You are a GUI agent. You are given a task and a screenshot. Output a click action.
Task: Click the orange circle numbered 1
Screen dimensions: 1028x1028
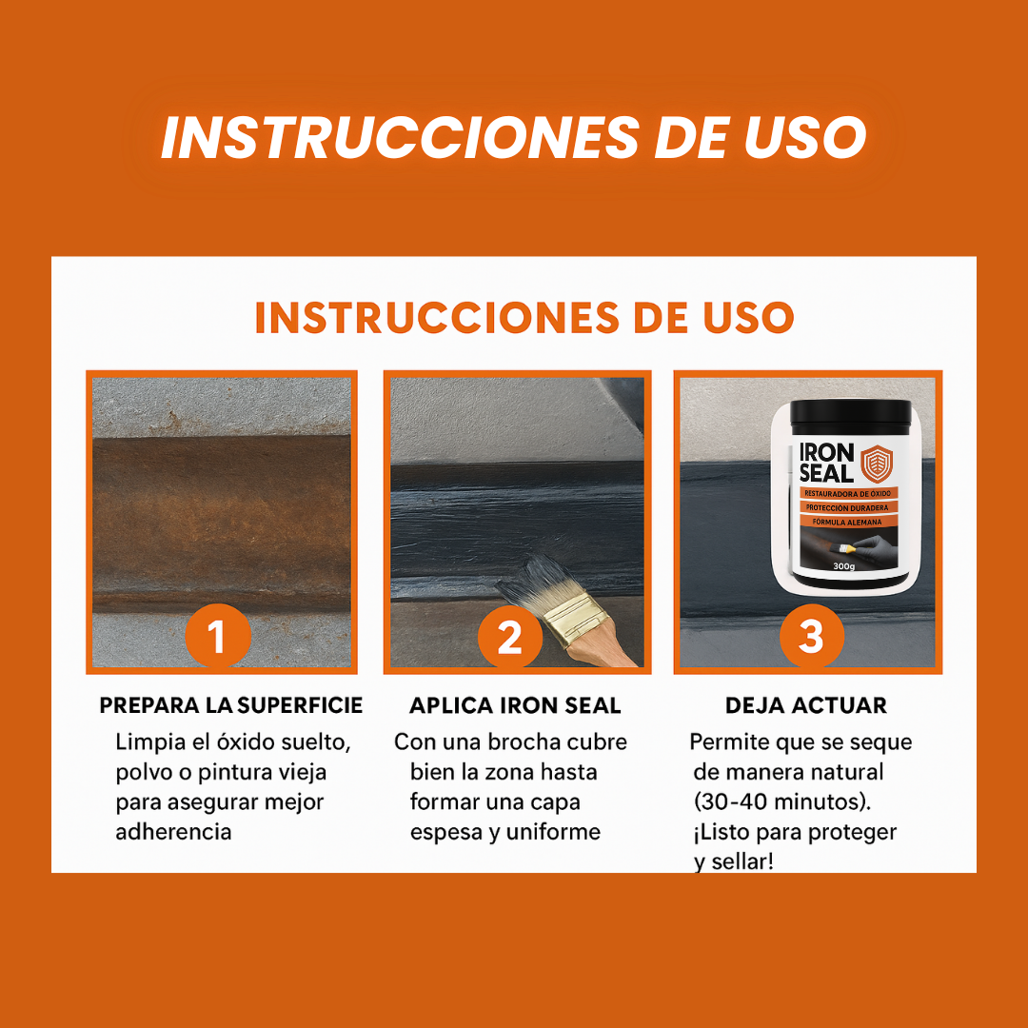[218, 637]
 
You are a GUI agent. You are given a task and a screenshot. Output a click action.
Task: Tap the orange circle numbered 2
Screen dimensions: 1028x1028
[510, 637]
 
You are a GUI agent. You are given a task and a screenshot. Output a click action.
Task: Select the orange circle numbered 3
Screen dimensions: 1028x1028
[811, 637]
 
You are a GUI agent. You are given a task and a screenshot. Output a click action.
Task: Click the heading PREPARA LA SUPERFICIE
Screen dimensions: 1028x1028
[230, 705]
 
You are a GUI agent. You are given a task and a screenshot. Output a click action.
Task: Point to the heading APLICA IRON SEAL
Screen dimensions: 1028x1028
[515, 705]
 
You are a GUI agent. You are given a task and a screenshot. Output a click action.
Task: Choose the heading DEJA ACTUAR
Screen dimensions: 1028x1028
[806, 705]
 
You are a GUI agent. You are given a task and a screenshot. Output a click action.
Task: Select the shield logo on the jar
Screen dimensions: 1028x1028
[877, 464]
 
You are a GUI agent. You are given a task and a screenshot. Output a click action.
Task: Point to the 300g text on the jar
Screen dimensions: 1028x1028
[843, 565]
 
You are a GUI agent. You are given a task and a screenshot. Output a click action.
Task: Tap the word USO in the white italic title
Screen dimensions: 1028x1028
[805, 137]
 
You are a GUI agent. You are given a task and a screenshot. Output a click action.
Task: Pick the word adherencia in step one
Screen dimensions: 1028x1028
[174, 832]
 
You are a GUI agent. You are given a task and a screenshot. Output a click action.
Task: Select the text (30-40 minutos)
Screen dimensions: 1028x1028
[782, 801]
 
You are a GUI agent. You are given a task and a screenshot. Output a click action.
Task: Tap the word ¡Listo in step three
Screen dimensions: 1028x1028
[722, 832]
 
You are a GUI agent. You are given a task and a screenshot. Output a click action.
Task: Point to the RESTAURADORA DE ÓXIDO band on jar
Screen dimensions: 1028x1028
[847, 493]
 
